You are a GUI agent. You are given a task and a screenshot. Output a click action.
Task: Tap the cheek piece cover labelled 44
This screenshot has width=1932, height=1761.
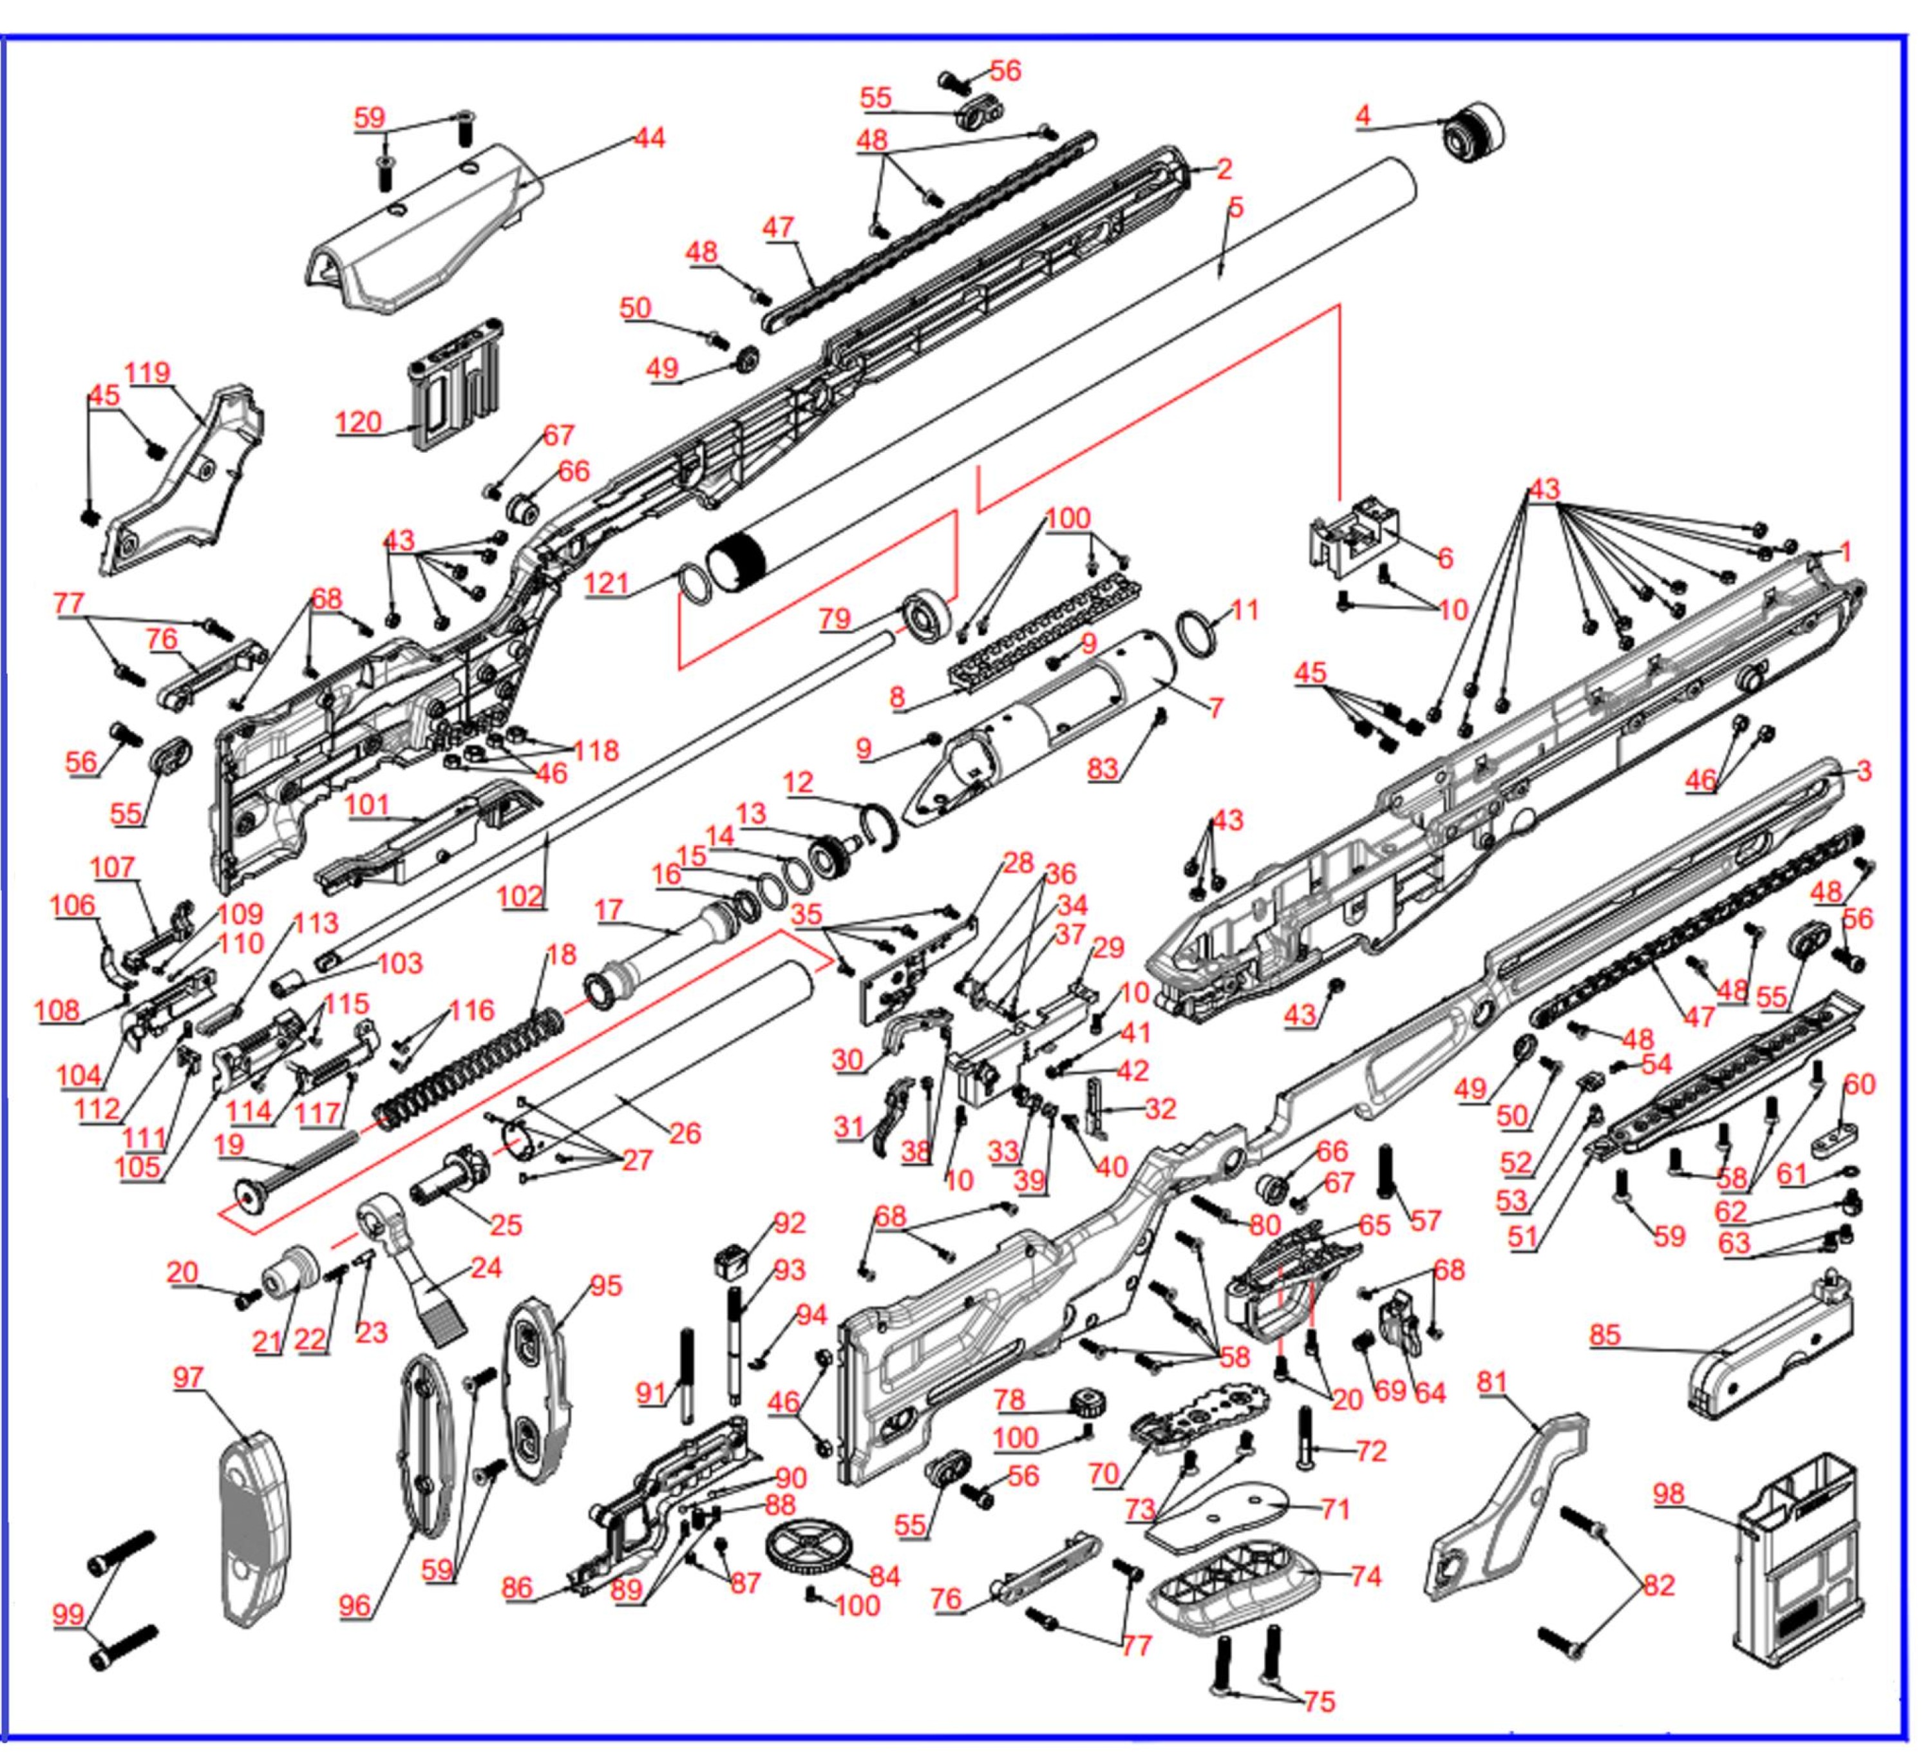422,235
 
